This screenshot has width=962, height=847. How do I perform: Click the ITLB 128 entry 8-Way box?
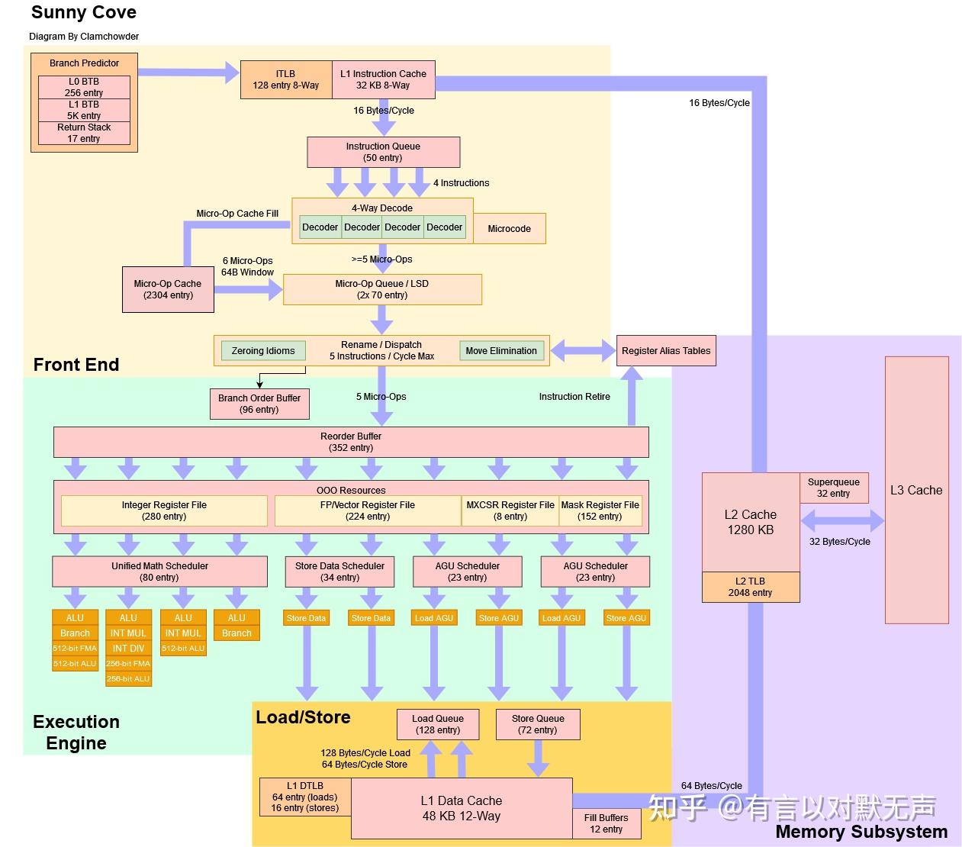tap(286, 79)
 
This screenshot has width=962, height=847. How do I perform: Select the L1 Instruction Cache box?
tap(383, 79)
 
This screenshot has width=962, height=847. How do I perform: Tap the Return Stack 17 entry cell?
tap(84, 133)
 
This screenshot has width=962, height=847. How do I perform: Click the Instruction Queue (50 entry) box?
tap(383, 152)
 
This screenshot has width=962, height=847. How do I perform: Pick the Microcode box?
tap(509, 228)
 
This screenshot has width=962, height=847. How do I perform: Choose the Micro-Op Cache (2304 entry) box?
tap(168, 289)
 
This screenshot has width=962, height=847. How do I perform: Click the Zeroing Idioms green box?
tap(263, 351)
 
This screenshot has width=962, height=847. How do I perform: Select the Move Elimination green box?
tap(501, 351)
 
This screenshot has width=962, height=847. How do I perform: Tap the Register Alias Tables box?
tap(666, 351)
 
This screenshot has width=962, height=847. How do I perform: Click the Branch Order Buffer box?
tap(259, 404)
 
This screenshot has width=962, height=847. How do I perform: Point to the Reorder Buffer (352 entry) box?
tap(351, 442)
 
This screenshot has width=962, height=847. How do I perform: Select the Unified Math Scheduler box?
tap(159, 572)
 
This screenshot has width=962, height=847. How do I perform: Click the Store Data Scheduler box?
tap(339, 572)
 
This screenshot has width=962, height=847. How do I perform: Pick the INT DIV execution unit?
tap(128, 649)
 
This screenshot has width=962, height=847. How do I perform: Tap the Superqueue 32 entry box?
tap(834, 488)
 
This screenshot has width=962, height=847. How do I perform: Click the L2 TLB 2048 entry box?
tap(750, 587)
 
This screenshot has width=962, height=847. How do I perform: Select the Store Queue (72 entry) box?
tap(538, 724)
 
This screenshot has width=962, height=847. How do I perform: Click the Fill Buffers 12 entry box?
tap(606, 823)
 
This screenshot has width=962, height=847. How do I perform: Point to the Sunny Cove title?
tap(84, 12)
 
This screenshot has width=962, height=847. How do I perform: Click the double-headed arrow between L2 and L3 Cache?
tap(842, 522)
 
